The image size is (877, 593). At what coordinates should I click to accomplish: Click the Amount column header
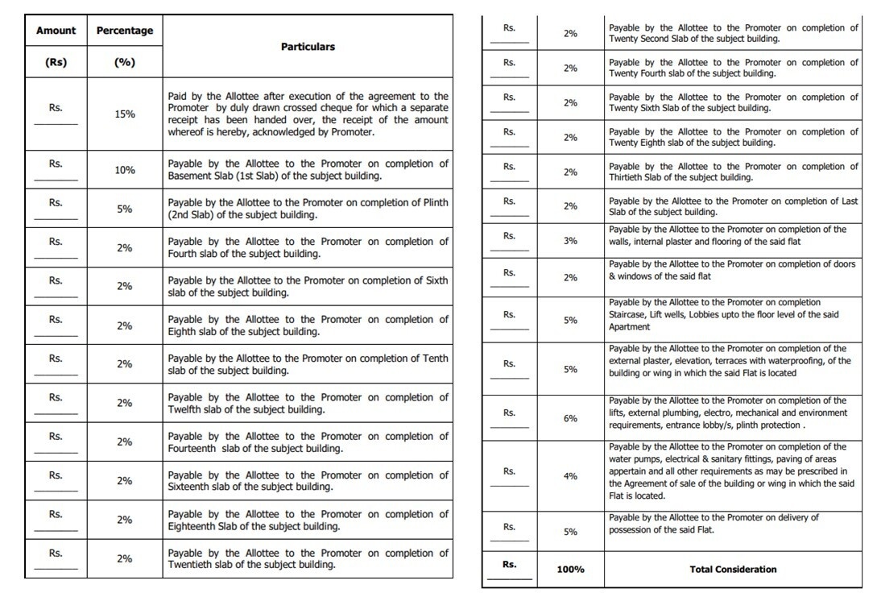click(x=56, y=31)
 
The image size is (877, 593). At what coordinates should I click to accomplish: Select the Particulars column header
click(x=308, y=47)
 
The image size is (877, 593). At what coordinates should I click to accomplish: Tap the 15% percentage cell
click(x=124, y=114)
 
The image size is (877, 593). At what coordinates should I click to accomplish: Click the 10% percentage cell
click(x=124, y=170)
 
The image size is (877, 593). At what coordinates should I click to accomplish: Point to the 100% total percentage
click(x=570, y=570)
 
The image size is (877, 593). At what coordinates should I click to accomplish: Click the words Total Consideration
click(x=733, y=570)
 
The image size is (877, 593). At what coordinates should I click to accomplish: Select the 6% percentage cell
click(x=570, y=419)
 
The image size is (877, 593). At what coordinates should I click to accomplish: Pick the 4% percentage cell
click(x=570, y=476)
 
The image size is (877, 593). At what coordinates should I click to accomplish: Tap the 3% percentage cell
click(x=570, y=241)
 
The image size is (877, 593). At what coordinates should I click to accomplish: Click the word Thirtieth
click(x=629, y=177)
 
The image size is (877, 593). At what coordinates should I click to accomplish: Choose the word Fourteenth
click(x=193, y=449)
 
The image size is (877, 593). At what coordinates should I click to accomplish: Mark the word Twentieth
click(x=191, y=565)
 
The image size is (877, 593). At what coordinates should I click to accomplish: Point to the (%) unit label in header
click(x=124, y=62)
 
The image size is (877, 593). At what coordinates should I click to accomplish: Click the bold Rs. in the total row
click(x=509, y=565)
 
